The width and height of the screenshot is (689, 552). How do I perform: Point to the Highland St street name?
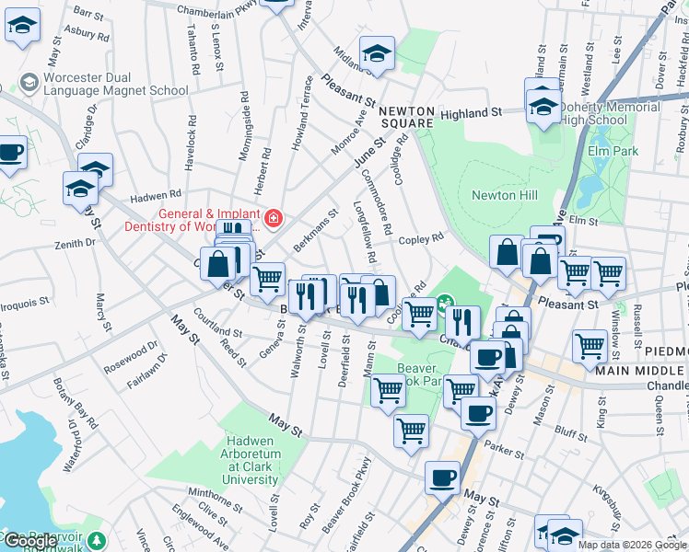coord(470,112)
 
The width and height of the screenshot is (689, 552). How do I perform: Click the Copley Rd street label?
coord(422,238)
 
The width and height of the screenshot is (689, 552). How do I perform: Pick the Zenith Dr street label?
coord(76,243)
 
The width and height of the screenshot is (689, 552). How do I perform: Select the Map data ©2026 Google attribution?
coord(631,545)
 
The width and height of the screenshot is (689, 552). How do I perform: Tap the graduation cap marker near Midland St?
coord(377,54)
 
